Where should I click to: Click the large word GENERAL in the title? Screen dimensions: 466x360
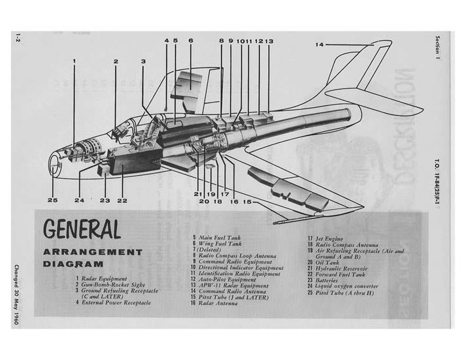coord(82,230)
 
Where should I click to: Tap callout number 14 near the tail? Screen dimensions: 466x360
coord(320,44)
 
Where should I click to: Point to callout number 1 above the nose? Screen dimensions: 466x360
coord(75,61)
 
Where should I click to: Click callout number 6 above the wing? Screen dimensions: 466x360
coord(191,41)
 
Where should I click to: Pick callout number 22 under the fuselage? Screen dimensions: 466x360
coord(122,200)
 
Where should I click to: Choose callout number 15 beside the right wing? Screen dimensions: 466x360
coord(247,202)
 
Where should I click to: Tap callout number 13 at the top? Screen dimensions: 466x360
coord(269,41)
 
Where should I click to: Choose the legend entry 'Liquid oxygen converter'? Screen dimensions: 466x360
coord(346,286)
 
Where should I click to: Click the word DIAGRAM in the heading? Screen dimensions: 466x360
coord(75,265)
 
